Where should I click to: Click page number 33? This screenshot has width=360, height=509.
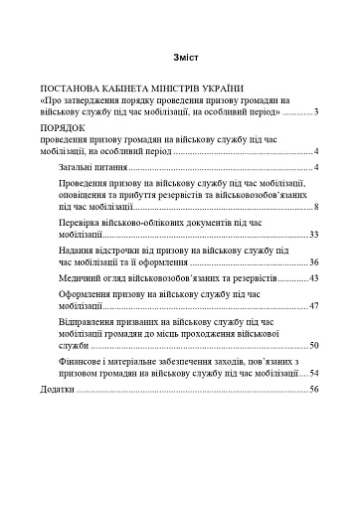point(312,235)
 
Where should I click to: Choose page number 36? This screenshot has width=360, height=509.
point(312,262)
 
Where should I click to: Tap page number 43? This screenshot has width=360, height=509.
point(312,279)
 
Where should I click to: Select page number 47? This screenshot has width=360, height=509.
point(312,307)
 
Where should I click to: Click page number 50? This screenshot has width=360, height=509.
point(312,346)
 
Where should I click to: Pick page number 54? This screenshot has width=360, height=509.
point(312,373)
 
